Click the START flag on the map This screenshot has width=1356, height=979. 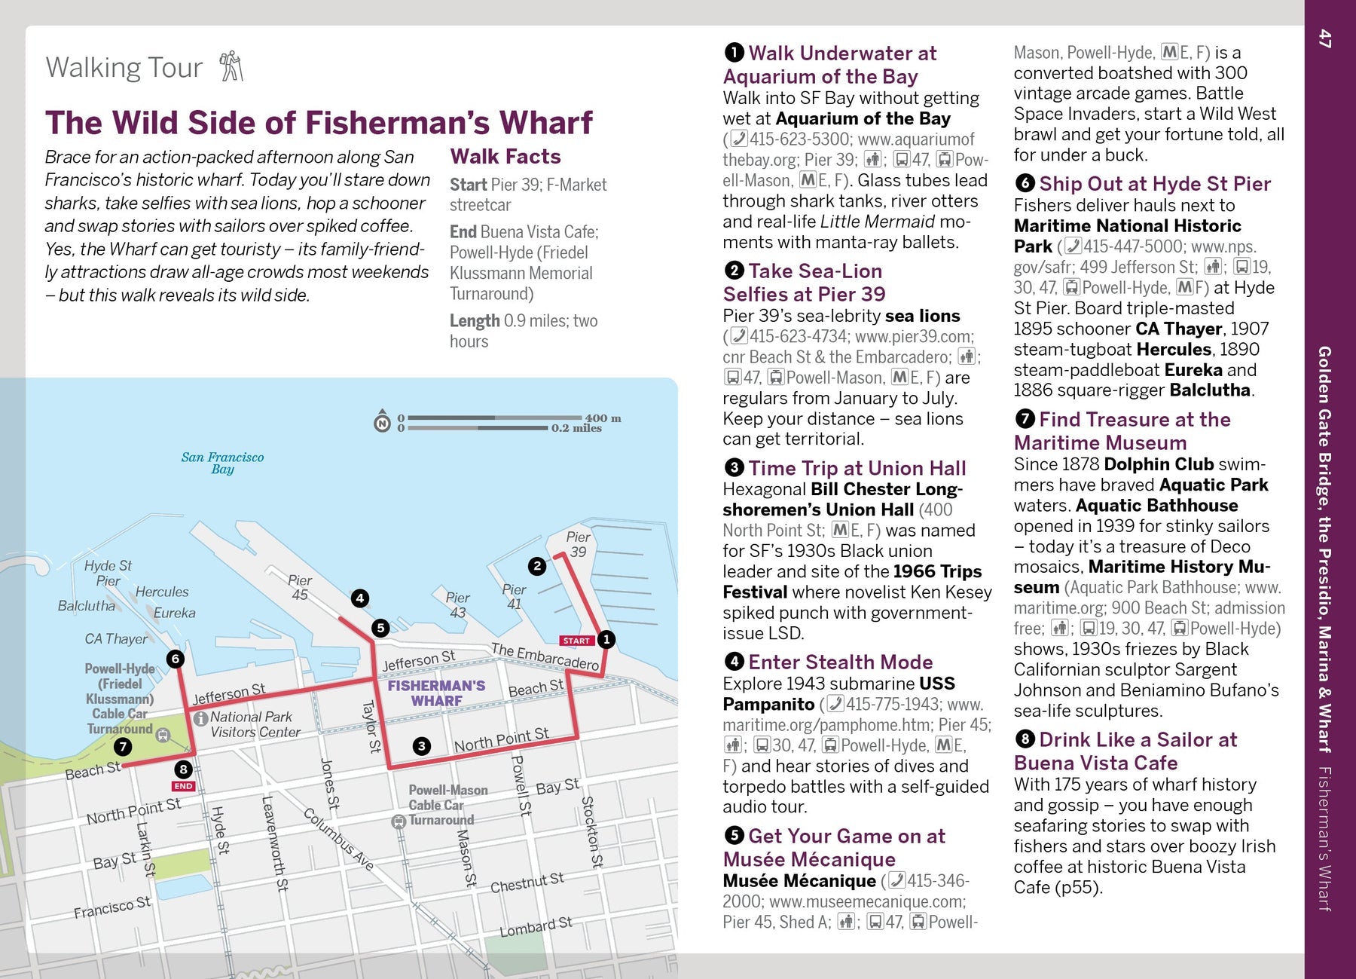pos(576,641)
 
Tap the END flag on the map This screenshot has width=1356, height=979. pos(183,786)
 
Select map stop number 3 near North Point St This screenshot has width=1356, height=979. pos(422,746)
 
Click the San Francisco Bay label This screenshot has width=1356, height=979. pos(222,463)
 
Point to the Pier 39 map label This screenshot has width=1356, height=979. pos(578,543)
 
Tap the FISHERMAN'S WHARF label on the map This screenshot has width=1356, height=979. pos(436,693)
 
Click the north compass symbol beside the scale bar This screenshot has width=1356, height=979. pos(383,422)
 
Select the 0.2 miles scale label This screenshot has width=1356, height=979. pos(576,428)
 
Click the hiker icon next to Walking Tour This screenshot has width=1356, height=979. pos(231,66)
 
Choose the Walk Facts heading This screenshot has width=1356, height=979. pos(505,157)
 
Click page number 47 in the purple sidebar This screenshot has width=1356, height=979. pos(1325,38)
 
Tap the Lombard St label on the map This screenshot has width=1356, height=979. pos(536,926)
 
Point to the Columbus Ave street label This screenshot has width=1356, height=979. pos(339,839)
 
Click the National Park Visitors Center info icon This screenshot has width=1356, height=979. pos(201,718)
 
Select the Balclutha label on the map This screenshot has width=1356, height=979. pos(87,606)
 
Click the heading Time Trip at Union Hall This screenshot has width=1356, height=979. pos(857,468)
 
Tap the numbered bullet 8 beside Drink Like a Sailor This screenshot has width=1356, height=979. pos(1024,739)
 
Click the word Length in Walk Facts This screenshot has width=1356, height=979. pos(475,321)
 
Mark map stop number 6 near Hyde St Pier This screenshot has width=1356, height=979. pos(176,659)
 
